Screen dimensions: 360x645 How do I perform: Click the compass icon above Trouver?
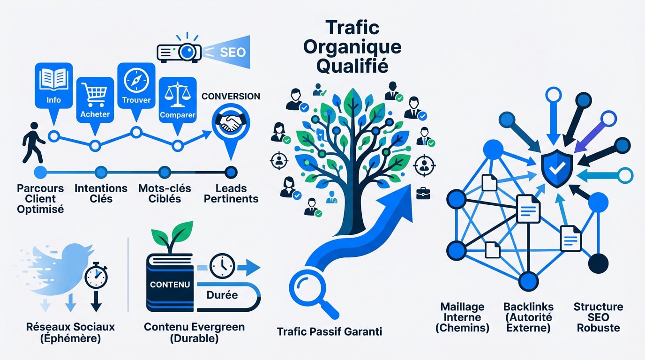(x=136, y=80)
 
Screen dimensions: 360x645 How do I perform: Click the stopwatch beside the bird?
(x=96, y=277)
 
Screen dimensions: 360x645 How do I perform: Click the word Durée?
(x=222, y=295)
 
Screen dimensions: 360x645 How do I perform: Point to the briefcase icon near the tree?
(x=422, y=191)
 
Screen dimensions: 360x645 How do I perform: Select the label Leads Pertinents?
(x=231, y=194)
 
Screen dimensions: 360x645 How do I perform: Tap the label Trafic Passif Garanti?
(x=330, y=332)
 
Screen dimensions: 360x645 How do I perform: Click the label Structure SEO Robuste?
(x=599, y=317)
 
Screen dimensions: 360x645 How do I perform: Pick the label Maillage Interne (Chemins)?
(x=462, y=317)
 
